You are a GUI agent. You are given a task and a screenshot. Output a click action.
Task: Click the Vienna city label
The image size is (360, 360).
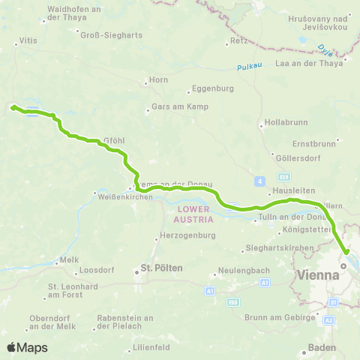tap(319, 274)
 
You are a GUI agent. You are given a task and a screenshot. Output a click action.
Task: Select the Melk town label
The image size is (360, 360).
tap(70, 259)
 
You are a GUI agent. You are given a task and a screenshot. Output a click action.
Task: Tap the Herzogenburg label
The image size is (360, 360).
tap(188, 235)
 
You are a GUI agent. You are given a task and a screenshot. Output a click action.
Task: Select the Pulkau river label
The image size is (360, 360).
tap(247, 67)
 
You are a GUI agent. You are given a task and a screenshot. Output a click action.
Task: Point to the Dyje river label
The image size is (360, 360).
tap(324, 51)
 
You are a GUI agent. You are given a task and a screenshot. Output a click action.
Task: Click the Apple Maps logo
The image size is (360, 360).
tap(26, 347)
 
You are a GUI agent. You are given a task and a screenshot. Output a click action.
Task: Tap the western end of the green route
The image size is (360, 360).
tap(13, 107)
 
